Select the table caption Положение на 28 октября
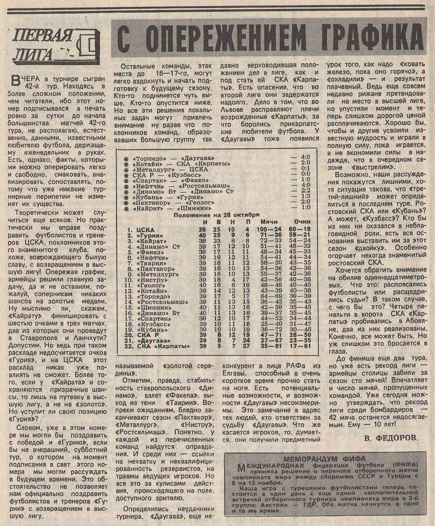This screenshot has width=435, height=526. coord(216,215)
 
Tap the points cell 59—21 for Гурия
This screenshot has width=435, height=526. coord(299,235)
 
